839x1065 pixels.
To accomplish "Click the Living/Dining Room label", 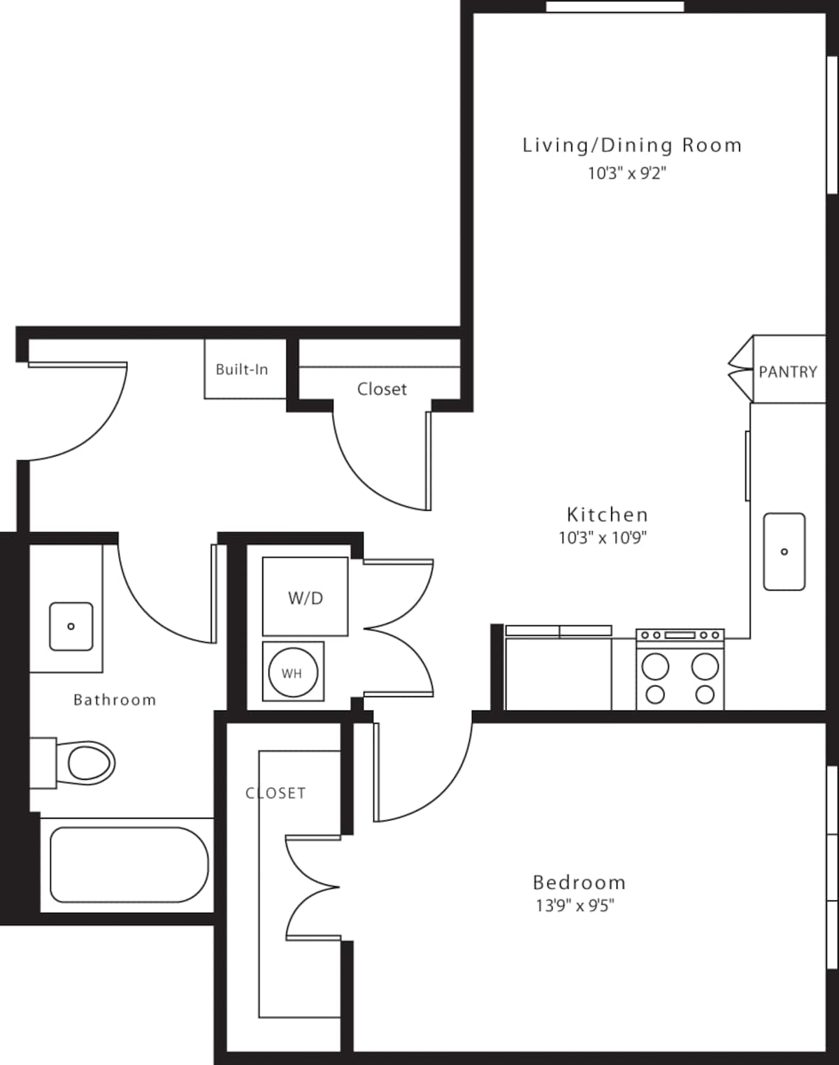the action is pos(633,145).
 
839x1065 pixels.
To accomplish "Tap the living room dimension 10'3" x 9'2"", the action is pos(627,174).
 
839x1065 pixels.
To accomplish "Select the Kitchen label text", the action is pos(607,515).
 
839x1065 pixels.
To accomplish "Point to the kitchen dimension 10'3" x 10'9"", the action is pos(603,538).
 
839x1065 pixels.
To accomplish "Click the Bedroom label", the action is pos(579,883).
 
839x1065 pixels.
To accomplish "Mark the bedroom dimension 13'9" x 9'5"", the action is pos(575,906).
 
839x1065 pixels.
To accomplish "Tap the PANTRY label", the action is pos(788,372).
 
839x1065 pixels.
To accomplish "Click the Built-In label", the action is pos(242,370).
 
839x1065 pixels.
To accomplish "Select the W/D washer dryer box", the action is pos(305,597).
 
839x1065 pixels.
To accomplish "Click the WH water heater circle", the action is pos(293,672).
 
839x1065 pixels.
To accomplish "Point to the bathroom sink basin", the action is pos(71,627).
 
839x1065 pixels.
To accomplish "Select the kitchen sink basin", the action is pos(784,551).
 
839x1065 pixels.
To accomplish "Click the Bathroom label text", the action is pos(115,700).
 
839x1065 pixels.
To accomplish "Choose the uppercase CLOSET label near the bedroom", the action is pos(275,793).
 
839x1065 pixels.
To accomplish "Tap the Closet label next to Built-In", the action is pos(382,389).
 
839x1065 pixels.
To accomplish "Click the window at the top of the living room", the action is pos(615,6).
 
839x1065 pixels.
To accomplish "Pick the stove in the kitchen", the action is pos(680,669).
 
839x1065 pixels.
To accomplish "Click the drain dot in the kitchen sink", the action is pos(784,552).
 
